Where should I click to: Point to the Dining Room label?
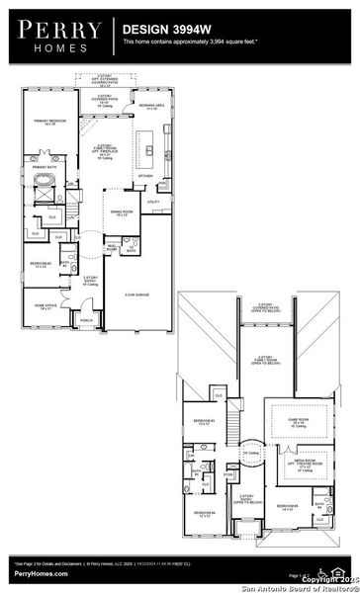(x=123, y=213)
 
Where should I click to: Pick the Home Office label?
(x=43, y=307)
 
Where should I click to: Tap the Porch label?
(x=86, y=321)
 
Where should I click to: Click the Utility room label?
(x=153, y=202)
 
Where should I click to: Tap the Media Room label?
(x=292, y=466)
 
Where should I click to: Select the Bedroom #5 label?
(x=289, y=509)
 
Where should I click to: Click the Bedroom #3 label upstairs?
(x=204, y=422)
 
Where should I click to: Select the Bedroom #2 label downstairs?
(x=40, y=264)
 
